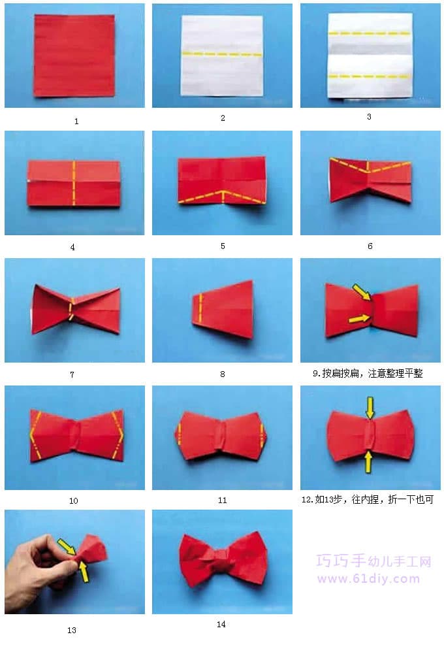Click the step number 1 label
pos(76,122)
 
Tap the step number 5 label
pos(223,246)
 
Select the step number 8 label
pos(223,374)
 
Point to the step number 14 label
pos(221,624)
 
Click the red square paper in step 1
pos(74,56)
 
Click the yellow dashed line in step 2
pos(222,54)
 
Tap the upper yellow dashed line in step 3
pos(369,33)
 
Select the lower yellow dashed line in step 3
pos(369,76)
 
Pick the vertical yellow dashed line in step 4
pos(74,183)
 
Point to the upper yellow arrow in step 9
pos(362,291)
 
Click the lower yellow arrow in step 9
pos(360,320)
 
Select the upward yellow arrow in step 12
pos(368,461)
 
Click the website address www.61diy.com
pos(368,579)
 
